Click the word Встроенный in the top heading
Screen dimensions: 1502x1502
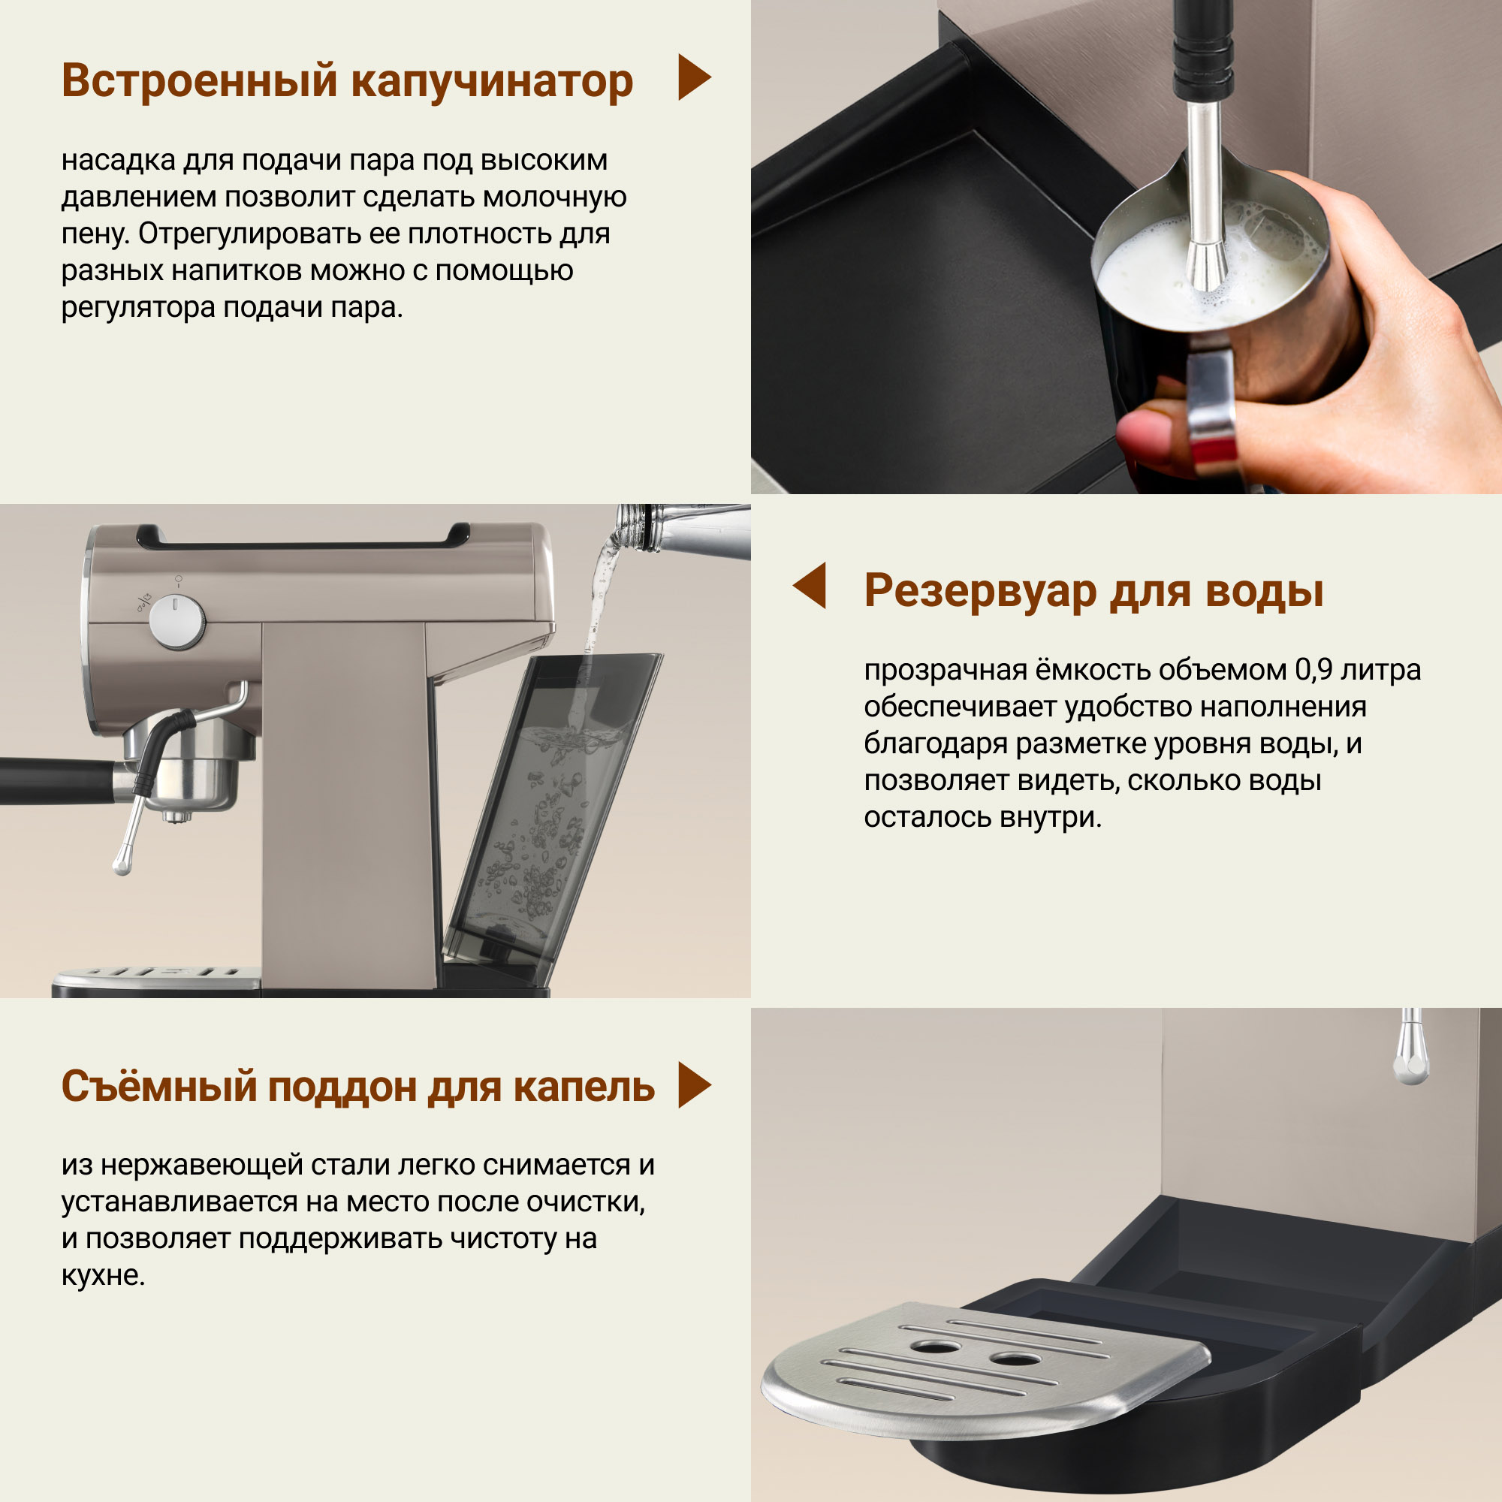(201, 81)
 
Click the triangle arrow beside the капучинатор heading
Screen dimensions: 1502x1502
(694, 77)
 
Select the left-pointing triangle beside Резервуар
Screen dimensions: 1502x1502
(810, 586)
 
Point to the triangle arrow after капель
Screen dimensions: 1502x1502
(694, 1084)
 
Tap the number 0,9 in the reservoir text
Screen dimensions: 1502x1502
(1312, 669)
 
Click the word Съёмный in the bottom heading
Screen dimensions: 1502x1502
(159, 1086)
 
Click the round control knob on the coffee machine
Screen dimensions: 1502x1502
(176, 622)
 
